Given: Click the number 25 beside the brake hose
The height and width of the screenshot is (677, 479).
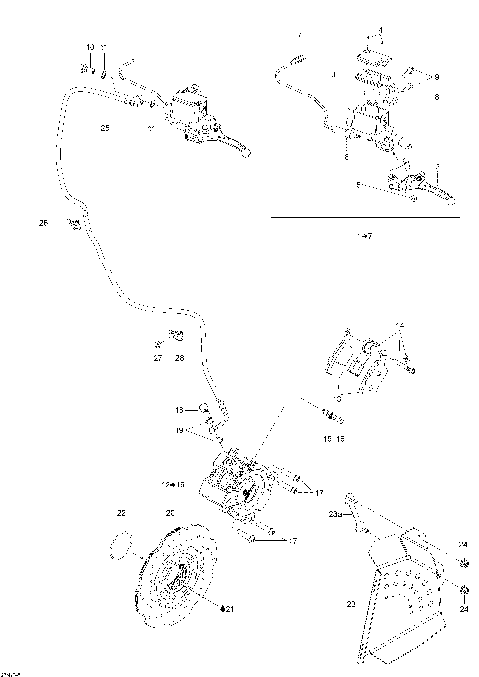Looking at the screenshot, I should pos(105,128).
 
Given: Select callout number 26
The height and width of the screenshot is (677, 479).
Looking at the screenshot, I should pos(43,223).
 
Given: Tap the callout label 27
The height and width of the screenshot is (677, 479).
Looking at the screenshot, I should pos(158,356).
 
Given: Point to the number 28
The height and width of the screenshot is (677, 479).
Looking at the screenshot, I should pos(179,356).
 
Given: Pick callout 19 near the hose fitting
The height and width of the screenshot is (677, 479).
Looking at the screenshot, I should pos(179,430).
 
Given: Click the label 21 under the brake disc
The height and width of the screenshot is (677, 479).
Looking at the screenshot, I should pos(228,608).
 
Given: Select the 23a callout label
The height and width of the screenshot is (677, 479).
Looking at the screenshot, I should pos(335,514).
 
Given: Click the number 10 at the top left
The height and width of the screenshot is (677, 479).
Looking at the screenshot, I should pos(90,48).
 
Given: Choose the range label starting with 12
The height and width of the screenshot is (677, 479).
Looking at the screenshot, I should pos(173,483).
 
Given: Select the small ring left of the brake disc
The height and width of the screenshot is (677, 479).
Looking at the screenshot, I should pos(122,545).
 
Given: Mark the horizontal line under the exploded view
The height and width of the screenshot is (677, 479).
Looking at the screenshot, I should pos(364,216).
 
